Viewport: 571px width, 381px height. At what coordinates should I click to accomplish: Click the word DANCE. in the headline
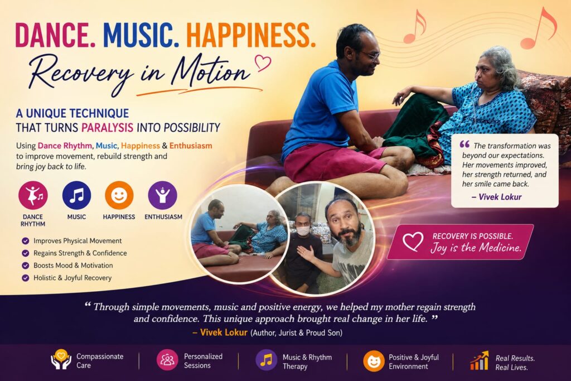(55, 35)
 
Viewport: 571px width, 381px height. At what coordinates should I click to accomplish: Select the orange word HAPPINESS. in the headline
(250, 35)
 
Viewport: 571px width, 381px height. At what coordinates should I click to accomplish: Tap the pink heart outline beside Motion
(263, 62)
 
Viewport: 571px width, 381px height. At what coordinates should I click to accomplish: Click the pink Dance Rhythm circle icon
(33, 195)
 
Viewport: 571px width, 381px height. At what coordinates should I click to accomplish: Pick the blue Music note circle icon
(76, 195)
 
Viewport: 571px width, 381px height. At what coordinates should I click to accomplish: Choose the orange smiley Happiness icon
(119, 195)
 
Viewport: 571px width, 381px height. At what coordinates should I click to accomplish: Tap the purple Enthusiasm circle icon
(162, 195)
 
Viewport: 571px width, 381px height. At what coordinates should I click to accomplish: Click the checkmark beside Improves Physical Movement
(26, 241)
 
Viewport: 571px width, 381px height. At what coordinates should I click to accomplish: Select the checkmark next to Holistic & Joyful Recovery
(26, 278)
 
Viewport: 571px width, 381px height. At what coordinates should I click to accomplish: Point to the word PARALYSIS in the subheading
(107, 128)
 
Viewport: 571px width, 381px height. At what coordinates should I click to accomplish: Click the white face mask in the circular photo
(303, 231)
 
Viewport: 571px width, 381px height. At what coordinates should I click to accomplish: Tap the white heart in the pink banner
(413, 241)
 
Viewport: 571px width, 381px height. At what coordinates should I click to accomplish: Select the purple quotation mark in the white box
(464, 144)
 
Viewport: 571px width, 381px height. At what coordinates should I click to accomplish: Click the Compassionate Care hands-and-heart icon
(61, 359)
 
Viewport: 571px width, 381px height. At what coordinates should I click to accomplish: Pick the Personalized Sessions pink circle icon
(167, 360)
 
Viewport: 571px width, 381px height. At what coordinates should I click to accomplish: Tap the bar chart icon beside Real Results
(479, 360)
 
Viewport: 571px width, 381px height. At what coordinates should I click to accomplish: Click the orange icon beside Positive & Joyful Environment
(374, 361)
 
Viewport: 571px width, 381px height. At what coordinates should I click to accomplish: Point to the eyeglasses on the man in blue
(370, 55)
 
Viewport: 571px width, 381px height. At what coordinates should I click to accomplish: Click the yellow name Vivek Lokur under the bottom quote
(224, 332)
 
